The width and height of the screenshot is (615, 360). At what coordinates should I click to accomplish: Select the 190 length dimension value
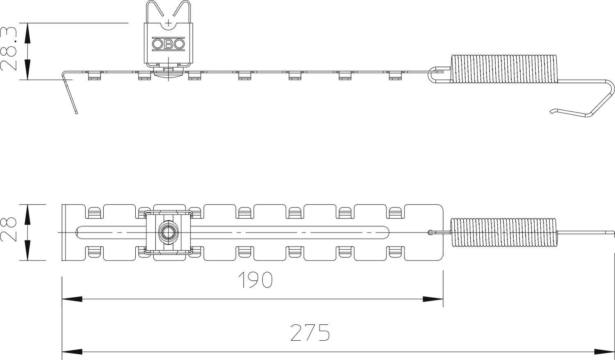tap(255, 280)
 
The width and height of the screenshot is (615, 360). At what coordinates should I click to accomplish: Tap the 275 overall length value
tap(310, 333)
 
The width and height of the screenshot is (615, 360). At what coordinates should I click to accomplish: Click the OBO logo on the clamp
tap(168, 44)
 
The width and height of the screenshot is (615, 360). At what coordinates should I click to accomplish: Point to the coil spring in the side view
tap(504, 68)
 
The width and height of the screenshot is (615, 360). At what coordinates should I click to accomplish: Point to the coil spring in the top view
tap(504, 232)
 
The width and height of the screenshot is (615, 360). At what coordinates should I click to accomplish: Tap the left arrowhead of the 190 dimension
tap(72, 299)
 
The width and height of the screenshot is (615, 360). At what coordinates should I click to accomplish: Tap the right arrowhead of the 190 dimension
tap(433, 299)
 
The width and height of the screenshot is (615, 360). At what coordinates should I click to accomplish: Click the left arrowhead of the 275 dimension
tap(72, 352)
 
